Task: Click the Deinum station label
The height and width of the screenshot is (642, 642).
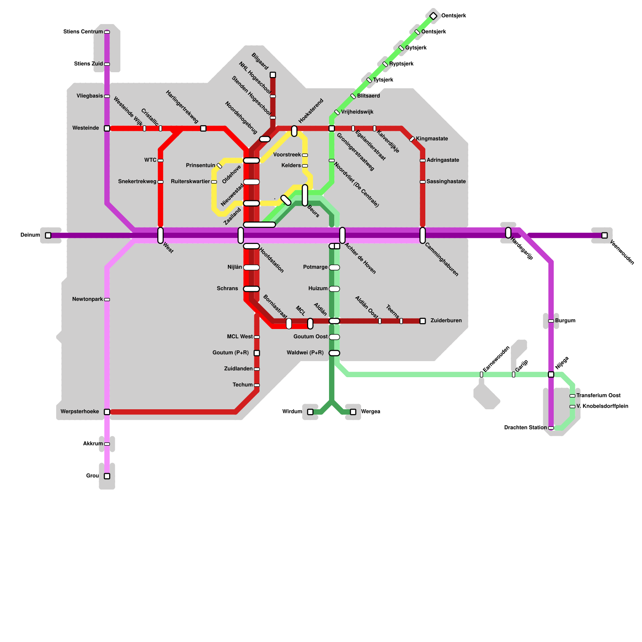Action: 30,235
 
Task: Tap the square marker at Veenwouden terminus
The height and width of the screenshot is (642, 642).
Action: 604,236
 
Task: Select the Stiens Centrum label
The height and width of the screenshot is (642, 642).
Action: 83,32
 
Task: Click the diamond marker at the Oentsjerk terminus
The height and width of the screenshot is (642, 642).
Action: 433,16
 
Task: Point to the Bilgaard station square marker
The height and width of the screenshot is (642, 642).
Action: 273,75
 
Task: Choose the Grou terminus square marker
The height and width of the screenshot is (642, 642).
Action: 107,476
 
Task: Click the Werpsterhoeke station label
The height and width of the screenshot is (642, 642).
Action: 79,412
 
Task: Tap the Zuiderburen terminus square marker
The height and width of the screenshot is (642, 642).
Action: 423,321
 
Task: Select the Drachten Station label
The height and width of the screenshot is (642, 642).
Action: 525,428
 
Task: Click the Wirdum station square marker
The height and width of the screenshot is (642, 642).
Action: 310,412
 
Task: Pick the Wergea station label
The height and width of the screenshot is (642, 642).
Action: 370,412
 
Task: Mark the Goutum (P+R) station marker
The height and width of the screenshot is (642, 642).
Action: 257,353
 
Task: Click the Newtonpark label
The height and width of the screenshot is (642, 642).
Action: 87,299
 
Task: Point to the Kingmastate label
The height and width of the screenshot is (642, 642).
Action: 432,139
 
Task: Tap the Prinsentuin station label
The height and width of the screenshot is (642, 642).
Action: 200,166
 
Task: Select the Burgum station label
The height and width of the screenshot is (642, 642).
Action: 565,321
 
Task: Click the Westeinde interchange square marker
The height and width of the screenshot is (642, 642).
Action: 107,128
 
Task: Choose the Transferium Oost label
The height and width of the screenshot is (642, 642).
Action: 598,396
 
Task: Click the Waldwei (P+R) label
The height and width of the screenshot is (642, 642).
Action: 305,353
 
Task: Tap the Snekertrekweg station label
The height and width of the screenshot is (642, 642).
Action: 137,182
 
